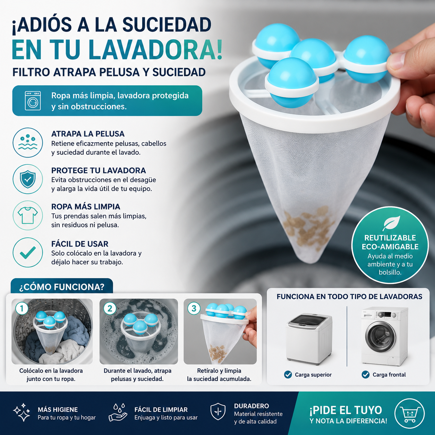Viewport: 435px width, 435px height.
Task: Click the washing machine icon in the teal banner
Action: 33,101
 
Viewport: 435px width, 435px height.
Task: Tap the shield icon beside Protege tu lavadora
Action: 28,179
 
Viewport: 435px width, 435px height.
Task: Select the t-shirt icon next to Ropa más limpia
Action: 28,215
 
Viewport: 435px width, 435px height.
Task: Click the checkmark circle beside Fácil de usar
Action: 28,253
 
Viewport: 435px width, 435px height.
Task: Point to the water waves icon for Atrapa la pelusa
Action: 28,143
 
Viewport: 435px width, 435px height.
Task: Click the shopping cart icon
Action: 410,413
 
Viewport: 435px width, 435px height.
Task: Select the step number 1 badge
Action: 22,309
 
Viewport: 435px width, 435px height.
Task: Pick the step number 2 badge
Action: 110,309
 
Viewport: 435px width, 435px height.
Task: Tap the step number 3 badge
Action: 194,309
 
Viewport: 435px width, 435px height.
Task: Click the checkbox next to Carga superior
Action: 288,375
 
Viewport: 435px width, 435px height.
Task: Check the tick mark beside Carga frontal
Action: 366,375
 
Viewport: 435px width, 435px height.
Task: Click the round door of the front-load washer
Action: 381,336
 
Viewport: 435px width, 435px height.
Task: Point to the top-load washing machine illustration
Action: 309,339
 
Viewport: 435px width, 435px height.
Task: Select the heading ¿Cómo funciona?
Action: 62,287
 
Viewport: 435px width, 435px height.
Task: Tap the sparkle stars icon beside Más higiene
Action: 22,412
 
